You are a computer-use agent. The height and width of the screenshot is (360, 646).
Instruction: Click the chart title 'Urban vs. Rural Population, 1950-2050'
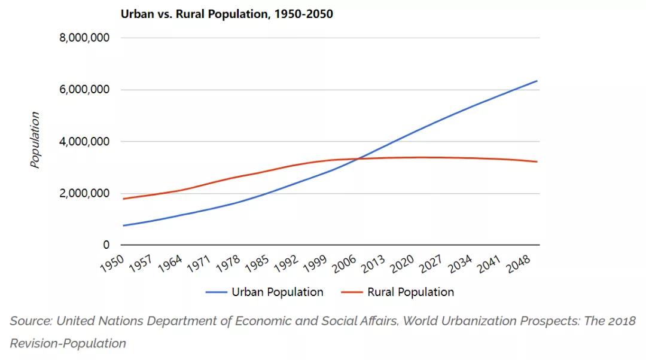(x=227, y=14)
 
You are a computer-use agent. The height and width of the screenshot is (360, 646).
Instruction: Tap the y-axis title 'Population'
(x=35, y=140)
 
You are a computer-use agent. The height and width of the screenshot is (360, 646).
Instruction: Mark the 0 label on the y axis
(x=106, y=245)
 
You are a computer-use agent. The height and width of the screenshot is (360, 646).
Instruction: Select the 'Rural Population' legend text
(x=410, y=292)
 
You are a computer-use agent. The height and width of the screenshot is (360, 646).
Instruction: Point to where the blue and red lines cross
(x=358, y=158)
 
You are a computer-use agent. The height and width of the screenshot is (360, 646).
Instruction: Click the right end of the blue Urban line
(x=537, y=81)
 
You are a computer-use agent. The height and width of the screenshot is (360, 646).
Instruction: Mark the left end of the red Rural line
(x=123, y=199)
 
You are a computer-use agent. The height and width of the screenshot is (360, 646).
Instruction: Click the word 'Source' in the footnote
(x=29, y=321)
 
